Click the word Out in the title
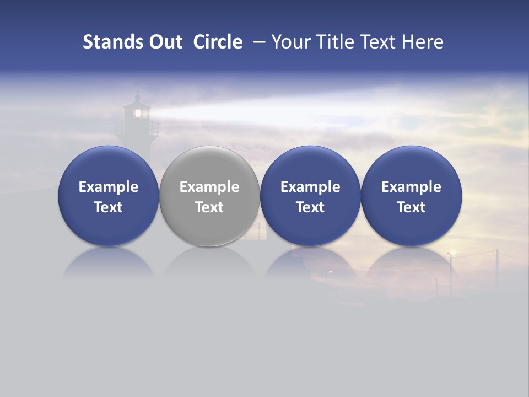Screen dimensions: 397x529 click(163, 42)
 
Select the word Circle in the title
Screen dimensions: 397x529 click(218, 42)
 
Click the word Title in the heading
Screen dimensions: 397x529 click(335, 42)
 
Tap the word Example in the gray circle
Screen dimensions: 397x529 click(209, 187)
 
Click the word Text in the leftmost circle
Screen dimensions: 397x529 click(108, 207)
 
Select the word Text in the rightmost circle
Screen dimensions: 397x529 click(412, 207)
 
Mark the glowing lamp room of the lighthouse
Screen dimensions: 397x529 click(138, 113)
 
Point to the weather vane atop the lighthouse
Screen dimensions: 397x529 click(138, 85)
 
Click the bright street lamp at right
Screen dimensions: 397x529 click(452, 253)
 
